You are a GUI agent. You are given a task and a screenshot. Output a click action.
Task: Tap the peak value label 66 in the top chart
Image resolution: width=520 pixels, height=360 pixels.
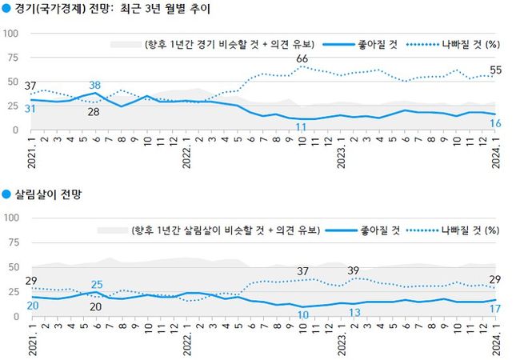point(302,59)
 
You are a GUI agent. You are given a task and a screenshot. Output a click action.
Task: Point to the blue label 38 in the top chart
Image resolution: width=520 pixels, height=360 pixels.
point(94,86)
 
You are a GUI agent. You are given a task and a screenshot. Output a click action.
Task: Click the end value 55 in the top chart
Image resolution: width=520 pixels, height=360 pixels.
point(496,70)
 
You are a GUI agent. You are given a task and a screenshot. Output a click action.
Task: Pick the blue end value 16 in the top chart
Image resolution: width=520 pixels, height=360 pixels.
point(496,122)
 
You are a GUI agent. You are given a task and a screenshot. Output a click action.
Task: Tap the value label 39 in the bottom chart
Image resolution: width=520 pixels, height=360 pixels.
point(353,270)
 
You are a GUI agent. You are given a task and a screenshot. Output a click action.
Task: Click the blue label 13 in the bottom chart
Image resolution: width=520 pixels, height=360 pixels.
point(354,312)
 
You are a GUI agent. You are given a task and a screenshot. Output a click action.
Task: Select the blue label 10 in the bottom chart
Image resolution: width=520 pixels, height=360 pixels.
point(302,315)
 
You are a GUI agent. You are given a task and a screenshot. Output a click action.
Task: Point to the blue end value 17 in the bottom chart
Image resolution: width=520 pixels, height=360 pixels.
point(496,309)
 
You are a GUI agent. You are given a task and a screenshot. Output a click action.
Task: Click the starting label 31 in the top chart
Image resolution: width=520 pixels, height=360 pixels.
point(30,109)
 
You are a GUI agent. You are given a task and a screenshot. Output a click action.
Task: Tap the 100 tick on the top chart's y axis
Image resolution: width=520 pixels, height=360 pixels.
point(11,34)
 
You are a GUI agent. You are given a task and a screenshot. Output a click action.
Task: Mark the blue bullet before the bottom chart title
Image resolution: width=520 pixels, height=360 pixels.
point(7,194)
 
